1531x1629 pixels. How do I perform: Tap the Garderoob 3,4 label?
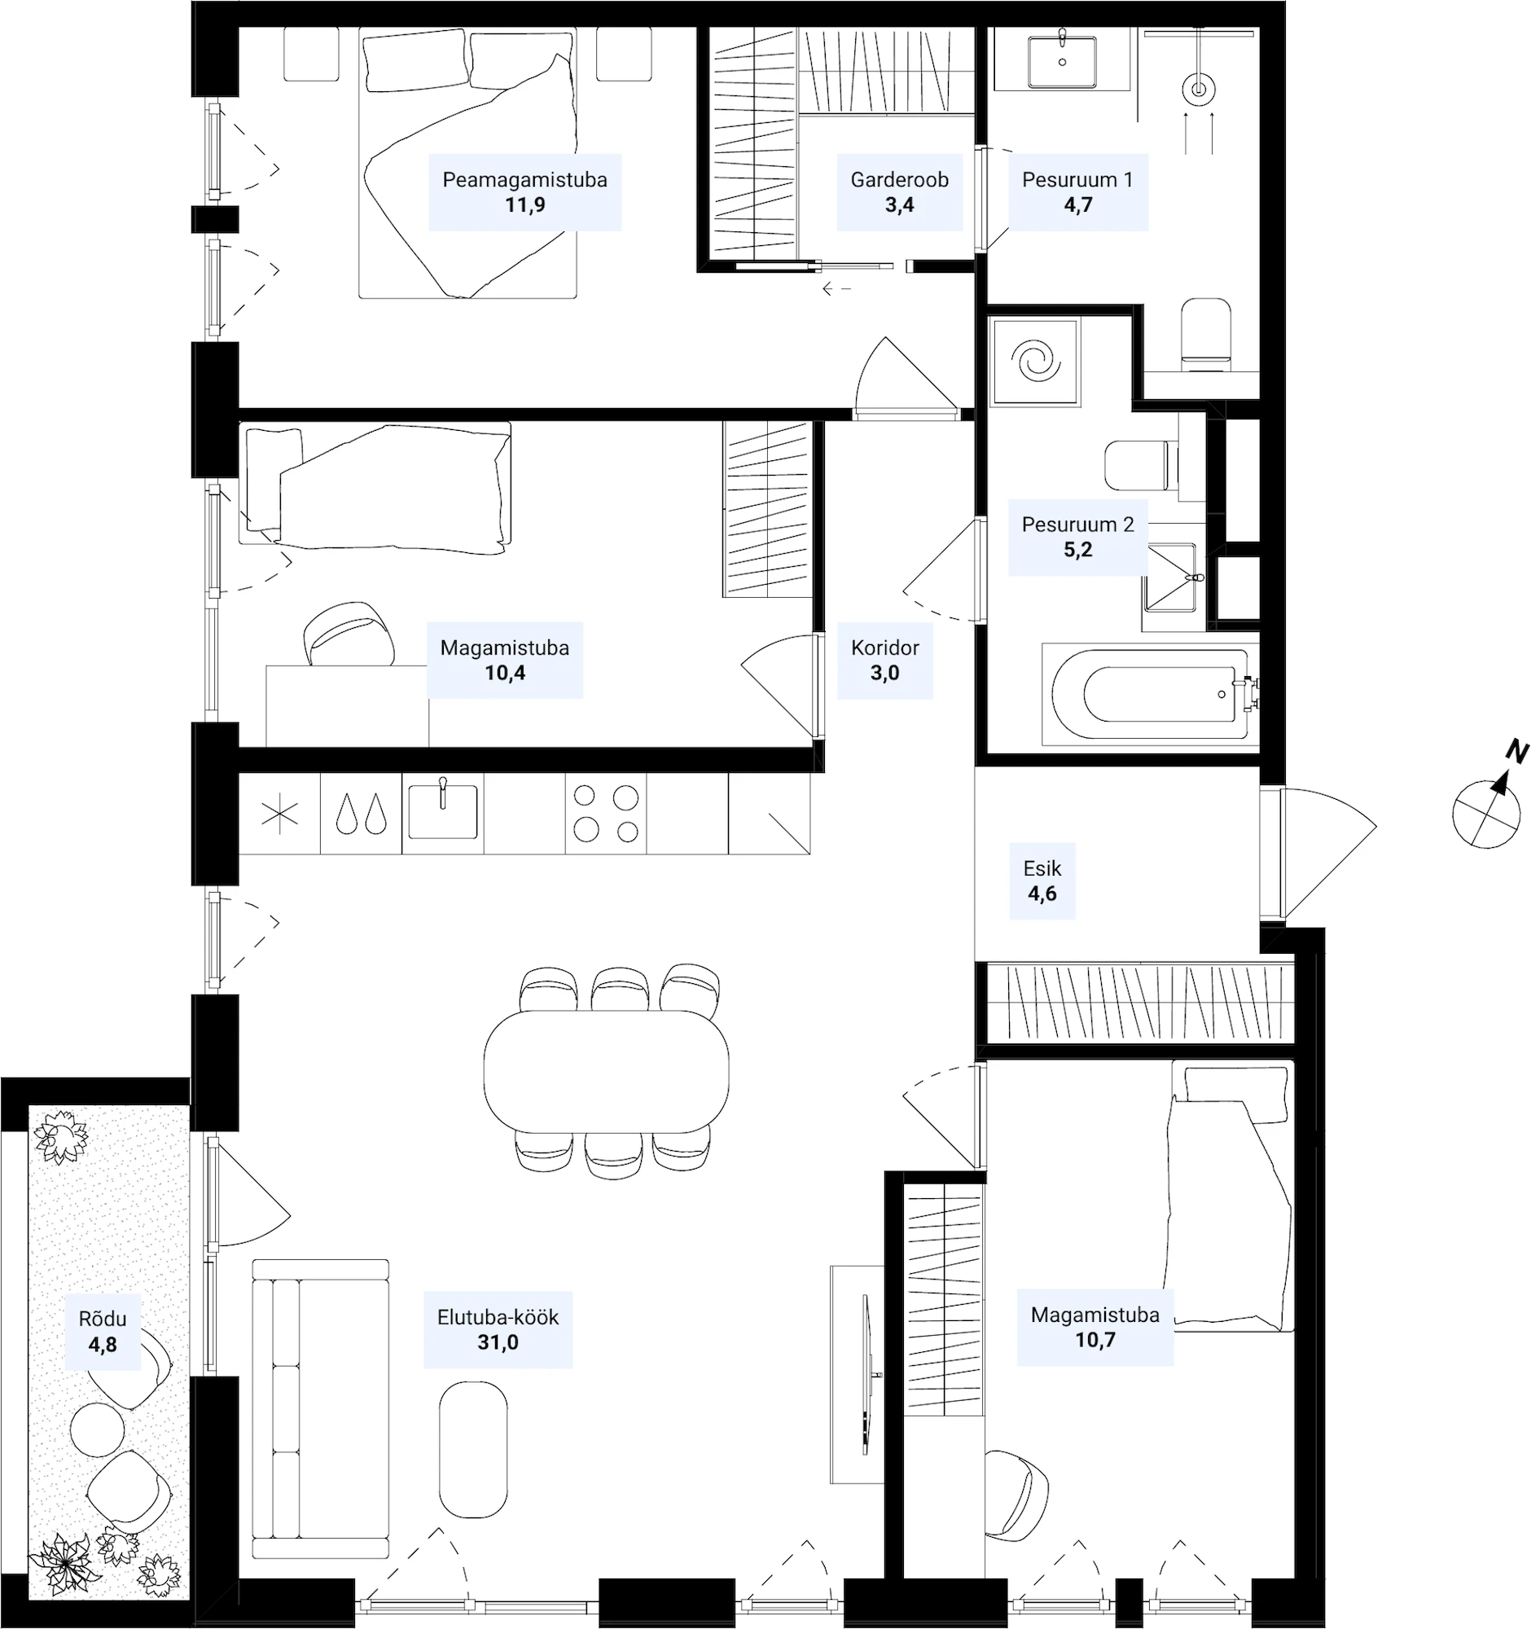[899, 191]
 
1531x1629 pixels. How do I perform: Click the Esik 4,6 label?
[1042, 880]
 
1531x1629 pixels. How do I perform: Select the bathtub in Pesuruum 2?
[1150, 695]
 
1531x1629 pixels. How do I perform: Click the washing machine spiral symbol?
[1035, 362]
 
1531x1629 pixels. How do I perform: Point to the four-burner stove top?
[606, 814]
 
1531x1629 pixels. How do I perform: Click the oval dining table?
[606, 1070]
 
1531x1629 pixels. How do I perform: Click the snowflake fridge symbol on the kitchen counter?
[279, 815]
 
